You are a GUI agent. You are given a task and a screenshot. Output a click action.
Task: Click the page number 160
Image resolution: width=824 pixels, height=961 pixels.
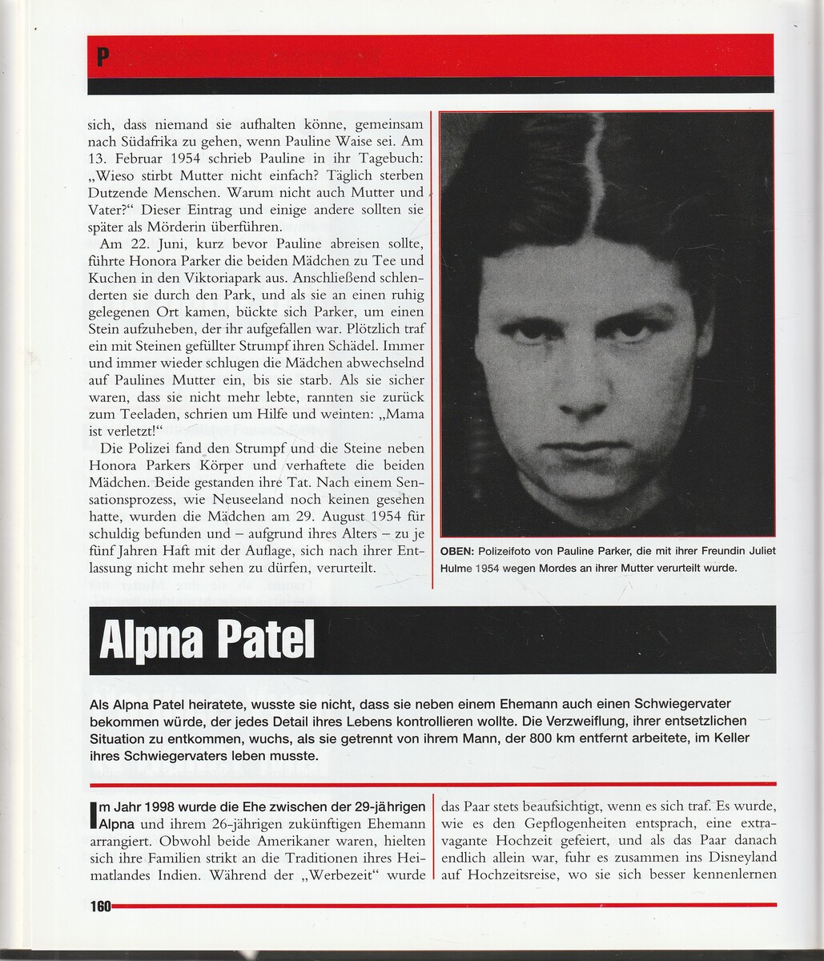pos(100,907)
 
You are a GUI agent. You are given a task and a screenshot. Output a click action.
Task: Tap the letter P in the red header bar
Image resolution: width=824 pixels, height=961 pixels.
pos(102,57)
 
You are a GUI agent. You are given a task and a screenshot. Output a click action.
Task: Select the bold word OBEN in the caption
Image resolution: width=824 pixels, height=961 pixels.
pos(457,551)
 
